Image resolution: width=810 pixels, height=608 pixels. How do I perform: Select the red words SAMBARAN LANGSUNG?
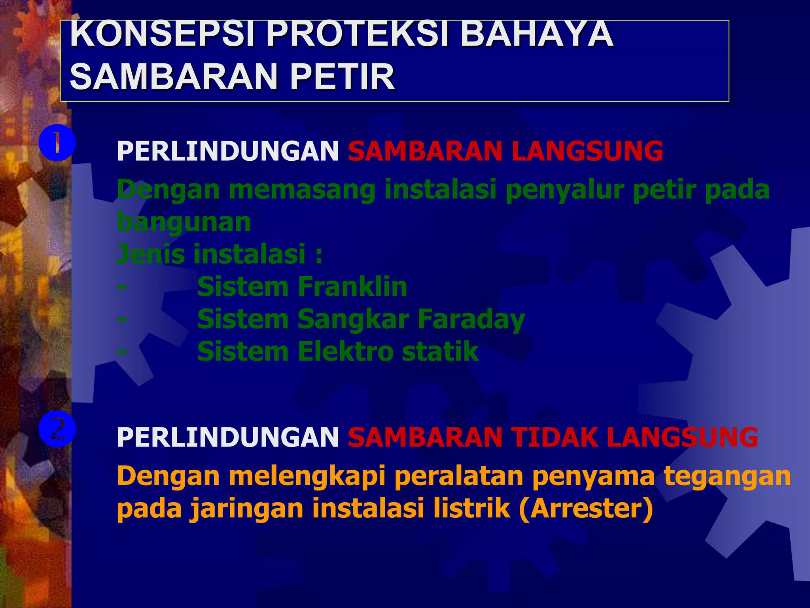505,151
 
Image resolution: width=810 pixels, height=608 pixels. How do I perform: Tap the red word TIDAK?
554,437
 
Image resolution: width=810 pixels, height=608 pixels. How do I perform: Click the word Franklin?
352,287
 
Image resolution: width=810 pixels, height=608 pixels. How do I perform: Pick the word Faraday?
471,319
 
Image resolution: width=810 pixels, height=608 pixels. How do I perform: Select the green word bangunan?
184,222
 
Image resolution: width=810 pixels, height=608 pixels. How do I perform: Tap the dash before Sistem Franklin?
122,287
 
